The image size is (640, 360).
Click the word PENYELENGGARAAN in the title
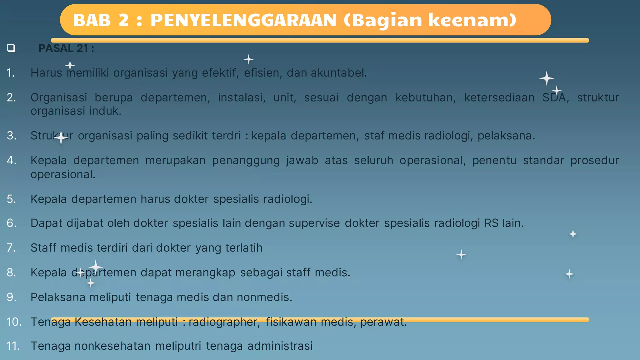[x=243, y=20]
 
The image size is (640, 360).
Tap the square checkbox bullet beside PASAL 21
[x=11, y=48]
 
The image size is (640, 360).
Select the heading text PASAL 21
[x=66, y=48]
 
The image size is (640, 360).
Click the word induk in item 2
[x=105, y=111]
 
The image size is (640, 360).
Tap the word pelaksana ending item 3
[x=506, y=136]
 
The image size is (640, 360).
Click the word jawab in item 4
[x=302, y=160]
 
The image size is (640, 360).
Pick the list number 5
[x=11, y=199]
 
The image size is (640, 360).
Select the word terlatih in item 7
[x=244, y=248]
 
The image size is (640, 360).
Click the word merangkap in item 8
[x=205, y=272]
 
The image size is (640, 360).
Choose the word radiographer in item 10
[x=224, y=322]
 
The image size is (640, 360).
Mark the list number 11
[x=13, y=346]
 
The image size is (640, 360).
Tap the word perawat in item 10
[x=383, y=322]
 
